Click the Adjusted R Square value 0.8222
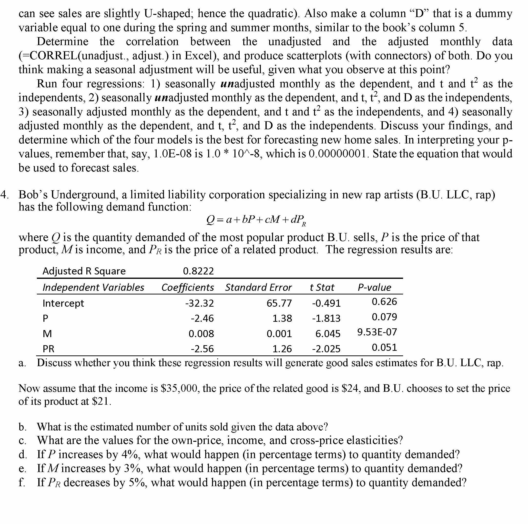coord(198,271)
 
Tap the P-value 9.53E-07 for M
coord(377,332)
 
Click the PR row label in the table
coord(48,349)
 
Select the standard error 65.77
coord(279,303)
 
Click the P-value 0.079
coord(384,317)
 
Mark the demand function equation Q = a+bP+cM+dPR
coord(256,220)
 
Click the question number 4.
coord(4,195)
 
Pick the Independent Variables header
coord(93,287)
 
